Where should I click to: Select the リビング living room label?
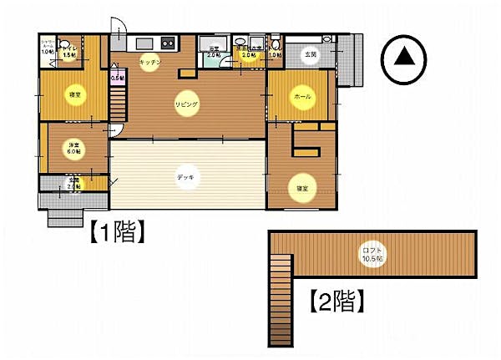tap(186, 104)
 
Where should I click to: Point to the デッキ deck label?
tap(186, 176)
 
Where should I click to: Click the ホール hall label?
tap(301, 98)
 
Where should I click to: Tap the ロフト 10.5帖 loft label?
tap(370, 253)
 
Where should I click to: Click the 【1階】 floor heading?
tap(118, 231)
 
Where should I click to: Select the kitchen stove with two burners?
tap(167, 43)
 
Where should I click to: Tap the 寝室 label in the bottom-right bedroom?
tap(301, 189)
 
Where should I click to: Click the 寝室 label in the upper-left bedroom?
tap(74, 96)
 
